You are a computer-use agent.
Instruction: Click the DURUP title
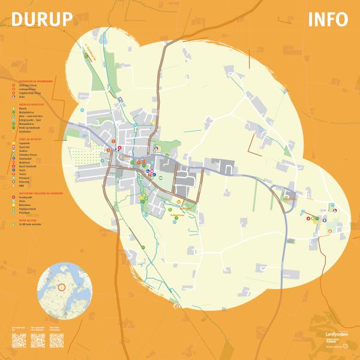click(x=42, y=20)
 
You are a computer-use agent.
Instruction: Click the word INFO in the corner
click(x=328, y=20)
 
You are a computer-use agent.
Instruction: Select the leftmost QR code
click(x=20, y=340)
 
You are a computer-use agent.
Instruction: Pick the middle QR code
click(x=38, y=340)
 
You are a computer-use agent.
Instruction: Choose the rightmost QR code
click(x=57, y=340)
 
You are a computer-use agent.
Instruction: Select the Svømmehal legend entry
click(x=25, y=158)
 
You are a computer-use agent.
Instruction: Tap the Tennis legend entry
click(x=22, y=173)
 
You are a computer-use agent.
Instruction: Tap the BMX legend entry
click(x=21, y=185)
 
